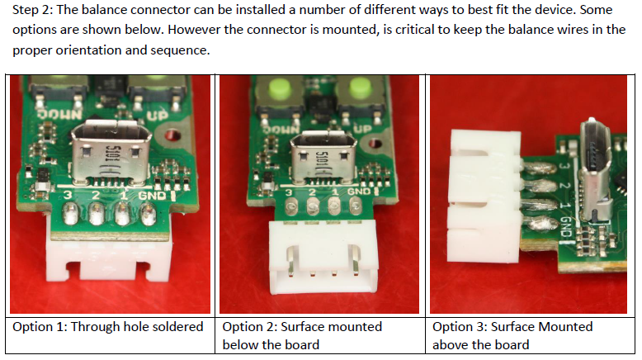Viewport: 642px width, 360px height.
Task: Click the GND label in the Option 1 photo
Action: point(152,196)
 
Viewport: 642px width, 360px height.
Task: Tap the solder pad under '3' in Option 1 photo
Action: point(70,214)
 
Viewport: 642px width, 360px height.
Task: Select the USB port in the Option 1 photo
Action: point(111,153)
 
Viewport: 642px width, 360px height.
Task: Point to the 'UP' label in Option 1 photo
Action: point(158,116)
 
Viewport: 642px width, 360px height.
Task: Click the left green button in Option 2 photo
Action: point(280,88)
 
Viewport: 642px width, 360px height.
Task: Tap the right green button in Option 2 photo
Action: point(361,88)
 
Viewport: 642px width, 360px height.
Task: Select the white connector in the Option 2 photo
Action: point(323,257)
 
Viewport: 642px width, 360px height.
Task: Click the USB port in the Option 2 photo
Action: point(323,159)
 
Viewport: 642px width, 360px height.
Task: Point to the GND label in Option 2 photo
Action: point(359,192)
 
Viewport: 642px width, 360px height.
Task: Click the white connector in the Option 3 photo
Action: point(485,196)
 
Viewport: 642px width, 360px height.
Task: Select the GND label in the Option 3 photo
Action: point(565,227)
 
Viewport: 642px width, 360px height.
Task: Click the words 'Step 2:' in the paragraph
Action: point(33,10)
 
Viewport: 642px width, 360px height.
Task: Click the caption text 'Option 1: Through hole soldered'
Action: point(108,327)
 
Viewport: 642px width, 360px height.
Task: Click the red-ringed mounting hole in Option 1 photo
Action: point(172,135)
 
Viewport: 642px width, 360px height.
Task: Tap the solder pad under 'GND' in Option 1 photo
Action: point(149,214)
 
